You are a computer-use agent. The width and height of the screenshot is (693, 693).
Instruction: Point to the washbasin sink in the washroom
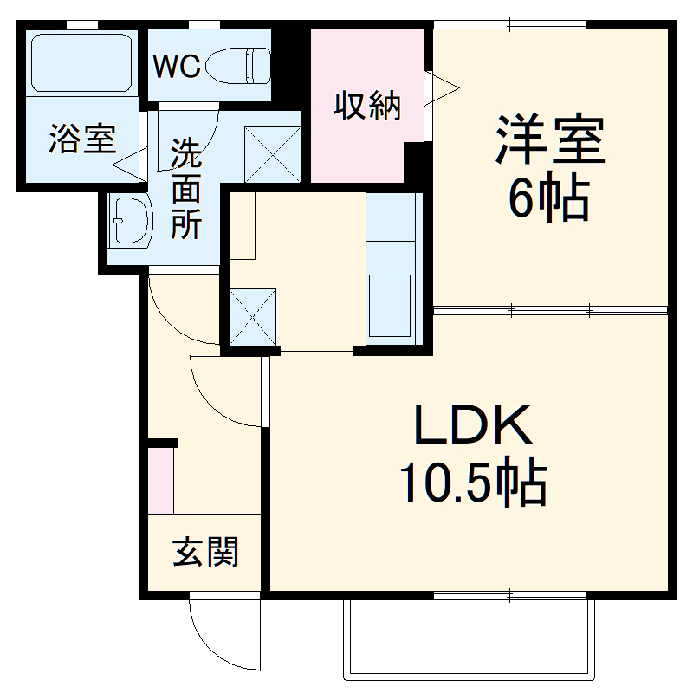(x=131, y=222)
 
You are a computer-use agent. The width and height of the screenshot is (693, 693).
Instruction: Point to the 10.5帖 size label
(x=472, y=485)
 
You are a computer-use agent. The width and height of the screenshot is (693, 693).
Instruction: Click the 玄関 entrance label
(x=204, y=551)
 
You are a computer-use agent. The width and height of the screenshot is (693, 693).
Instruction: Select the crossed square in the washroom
(x=273, y=153)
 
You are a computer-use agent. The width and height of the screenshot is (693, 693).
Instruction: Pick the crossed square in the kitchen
(x=253, y=317)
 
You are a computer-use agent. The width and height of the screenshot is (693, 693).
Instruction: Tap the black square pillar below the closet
(x=418, y=162)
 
